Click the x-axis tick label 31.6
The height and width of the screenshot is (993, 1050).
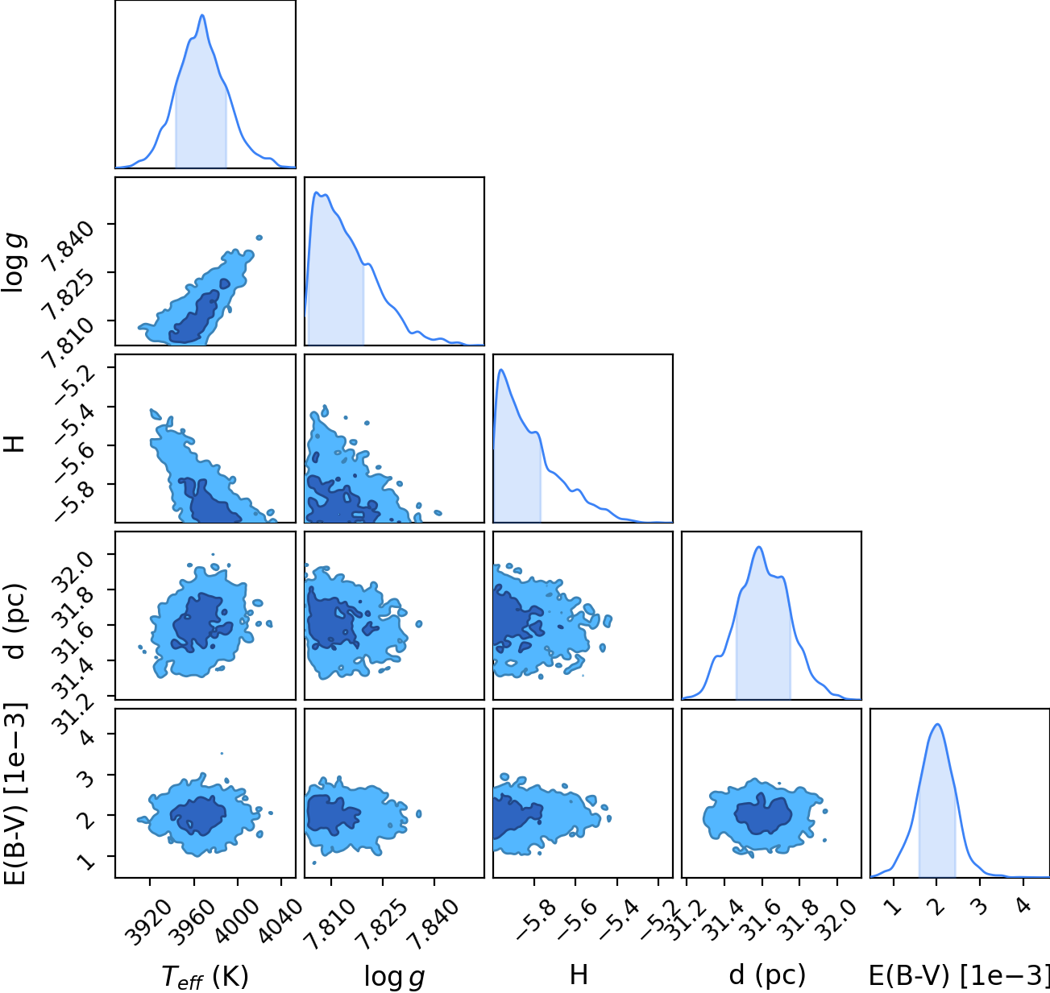click(x=759, y=915)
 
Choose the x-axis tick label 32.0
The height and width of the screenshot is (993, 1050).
click(x=834, y=915)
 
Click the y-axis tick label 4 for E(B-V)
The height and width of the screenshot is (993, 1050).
click(x=86, y=737)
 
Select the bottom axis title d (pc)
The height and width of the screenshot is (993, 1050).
click(x=767, y=974)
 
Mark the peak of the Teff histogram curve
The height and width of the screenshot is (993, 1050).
click(x=202, y=15)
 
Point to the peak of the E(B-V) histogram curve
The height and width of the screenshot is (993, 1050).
click(x=936, y=725)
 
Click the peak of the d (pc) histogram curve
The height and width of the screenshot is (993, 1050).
click(x=759, y=547)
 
